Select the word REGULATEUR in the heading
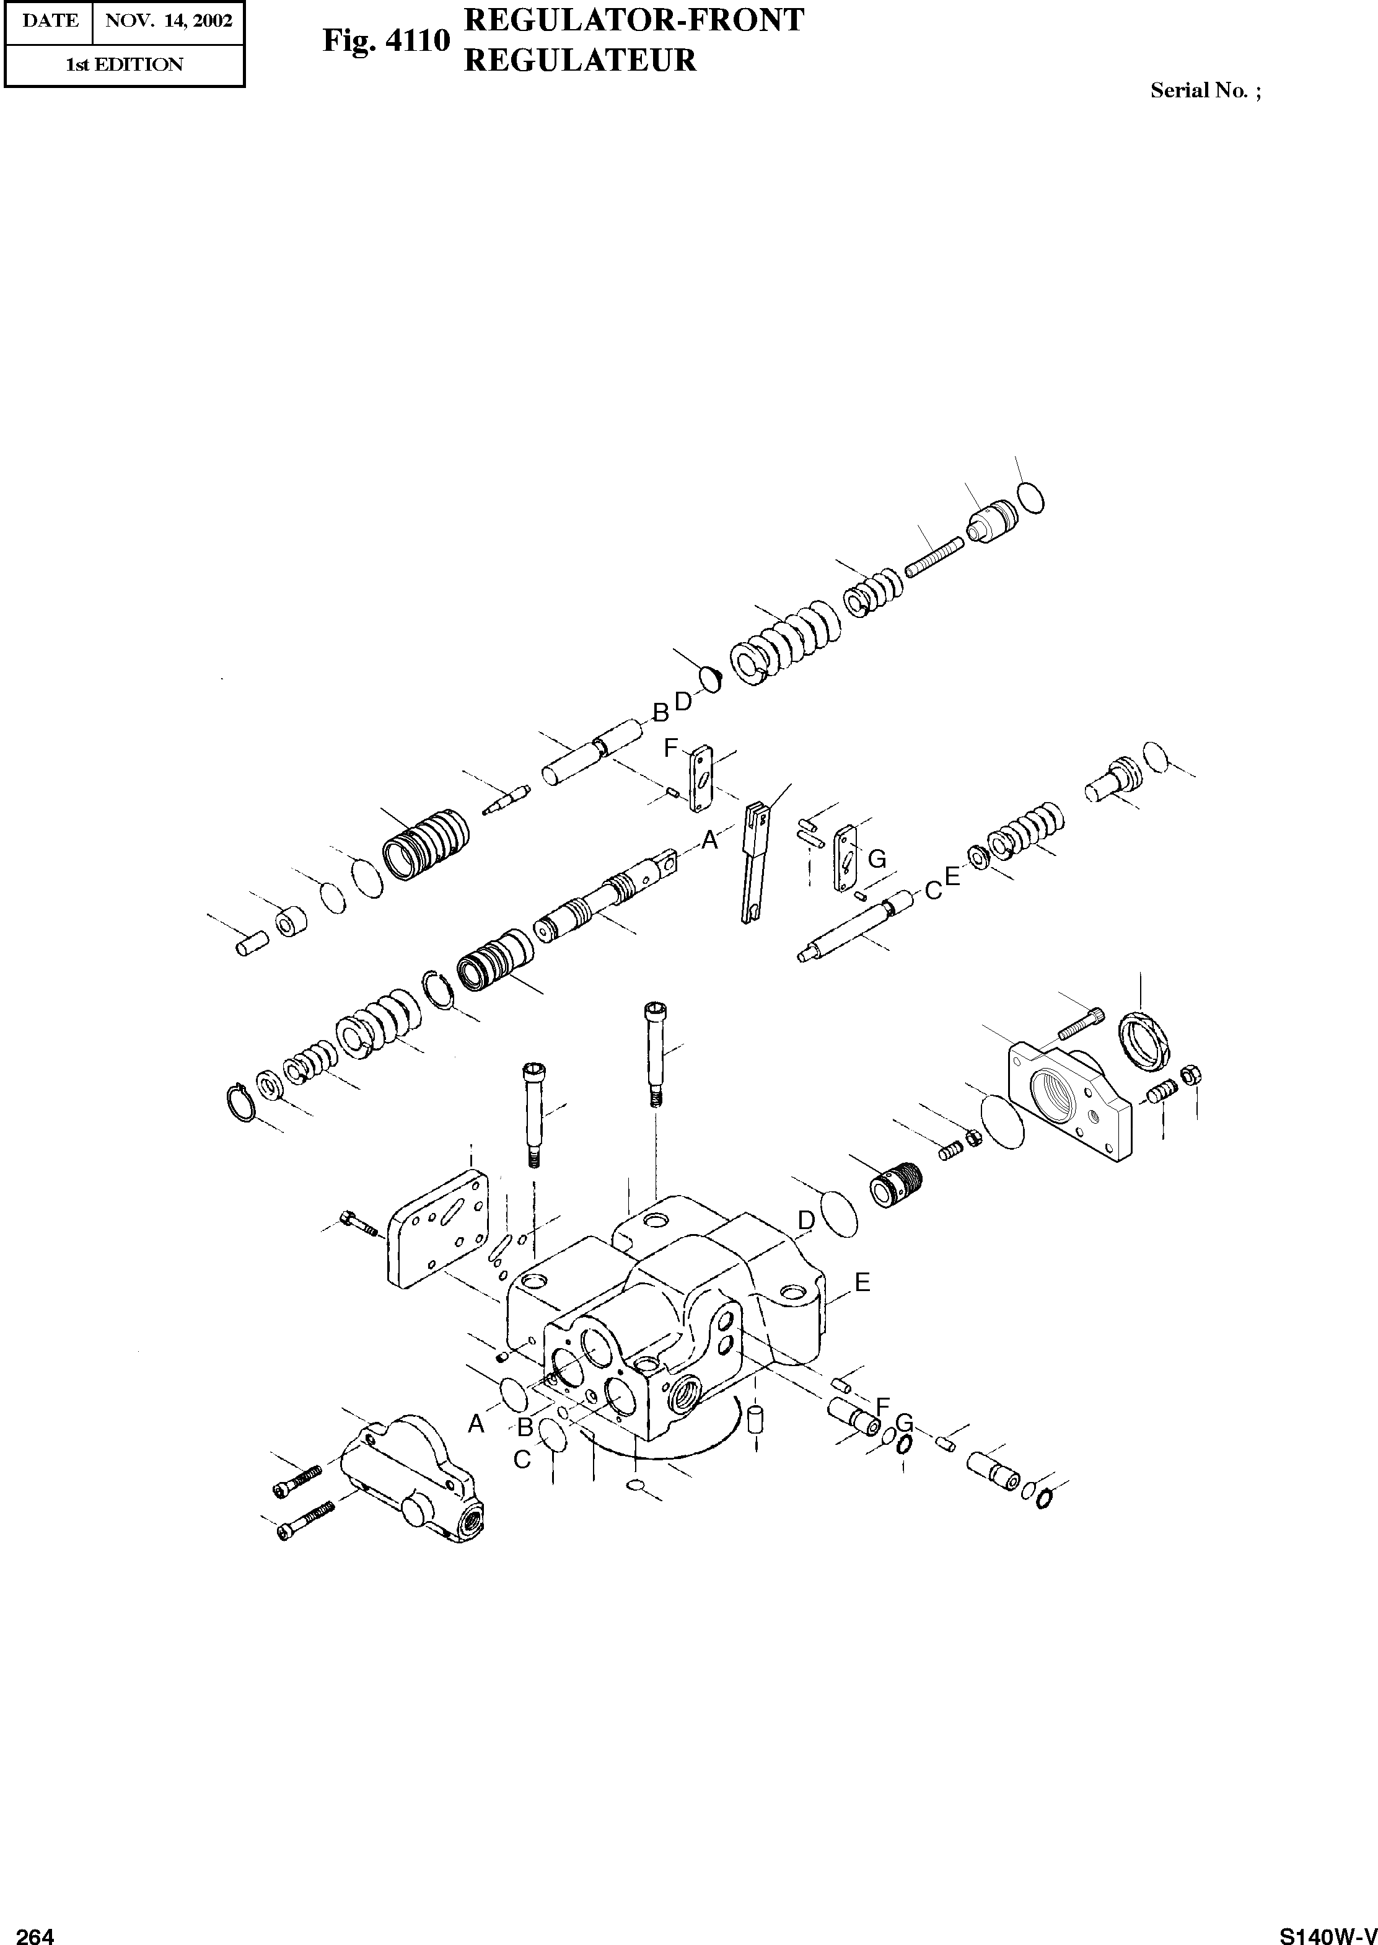click(581, 60)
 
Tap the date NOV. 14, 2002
click(168, 21)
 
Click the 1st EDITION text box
click(125, 64)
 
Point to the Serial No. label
click(1205, 90)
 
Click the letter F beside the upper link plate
click(670, 748)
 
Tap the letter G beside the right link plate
click(877, 860)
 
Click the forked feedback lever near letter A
click(755, 862)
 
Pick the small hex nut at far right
click(1190, 1074)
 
